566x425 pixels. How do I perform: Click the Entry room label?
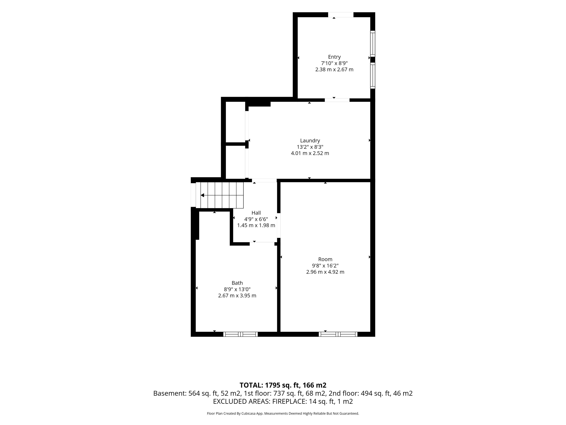(334, 57)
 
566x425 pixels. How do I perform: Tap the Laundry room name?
(310, 141)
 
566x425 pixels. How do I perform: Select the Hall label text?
(256, 213)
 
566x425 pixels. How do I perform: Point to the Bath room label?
(237, 283)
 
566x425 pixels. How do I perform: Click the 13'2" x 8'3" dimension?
(310, 147)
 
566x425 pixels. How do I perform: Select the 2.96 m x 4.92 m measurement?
(325, 272)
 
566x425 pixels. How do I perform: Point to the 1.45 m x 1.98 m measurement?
(256, 225)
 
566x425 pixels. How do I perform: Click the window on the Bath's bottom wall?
(241, 334)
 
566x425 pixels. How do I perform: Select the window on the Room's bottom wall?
(338, 334)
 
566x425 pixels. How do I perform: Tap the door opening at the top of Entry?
(341, 15)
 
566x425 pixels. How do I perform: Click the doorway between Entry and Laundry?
(337, 100)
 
